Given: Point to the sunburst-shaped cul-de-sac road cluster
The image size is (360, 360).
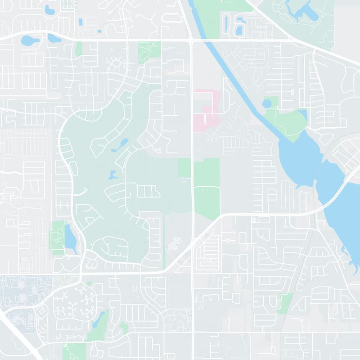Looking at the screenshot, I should pyautogui.click(x=117, y=63).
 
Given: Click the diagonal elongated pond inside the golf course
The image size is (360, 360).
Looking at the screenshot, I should pyautogui.click(x=121, y=144).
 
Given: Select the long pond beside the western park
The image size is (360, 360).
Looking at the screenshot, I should pyautogui.click(x=71, y=236).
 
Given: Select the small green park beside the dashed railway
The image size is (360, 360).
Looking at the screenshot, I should pyautogui.click(x=285, y=302).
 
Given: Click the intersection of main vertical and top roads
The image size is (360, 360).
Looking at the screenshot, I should pyautogui.click(x=192, y=41).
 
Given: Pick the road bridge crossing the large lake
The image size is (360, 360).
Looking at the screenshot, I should pyautogui.click(x=335, y=189).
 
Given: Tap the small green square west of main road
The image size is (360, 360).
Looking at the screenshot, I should pyautogui.click(x=184, y=168).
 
